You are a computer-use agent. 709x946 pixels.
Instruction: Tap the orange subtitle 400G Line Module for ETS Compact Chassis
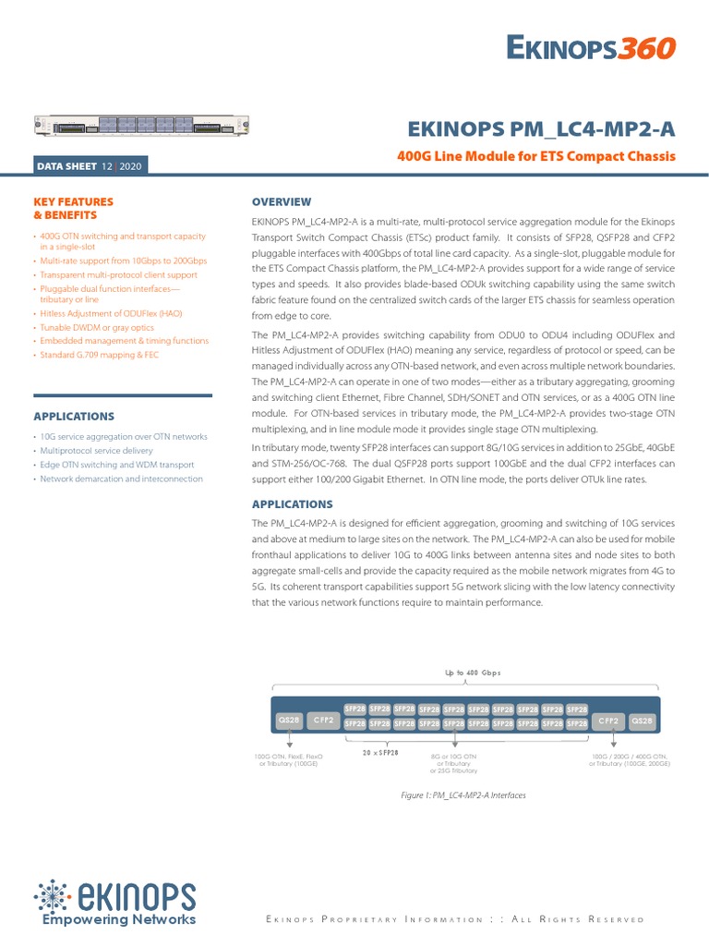(535, 156)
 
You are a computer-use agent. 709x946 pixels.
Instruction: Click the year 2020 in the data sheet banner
(131, 166)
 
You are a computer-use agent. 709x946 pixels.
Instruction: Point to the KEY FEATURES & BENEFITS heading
(74, 208)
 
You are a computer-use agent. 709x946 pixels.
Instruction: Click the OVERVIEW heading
(282, 201)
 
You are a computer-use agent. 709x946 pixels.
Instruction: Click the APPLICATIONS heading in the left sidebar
(74, 417)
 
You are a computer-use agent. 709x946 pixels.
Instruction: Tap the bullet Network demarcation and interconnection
(121, 479)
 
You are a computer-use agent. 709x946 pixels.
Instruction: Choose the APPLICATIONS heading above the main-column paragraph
(293, 504)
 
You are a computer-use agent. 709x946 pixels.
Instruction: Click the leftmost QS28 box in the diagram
(289, 720)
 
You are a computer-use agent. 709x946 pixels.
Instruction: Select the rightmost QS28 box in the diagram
(642, 720)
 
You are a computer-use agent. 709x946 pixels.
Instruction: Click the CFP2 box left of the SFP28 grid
(323, 720)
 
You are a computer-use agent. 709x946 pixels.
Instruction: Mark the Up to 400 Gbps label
(466, 673)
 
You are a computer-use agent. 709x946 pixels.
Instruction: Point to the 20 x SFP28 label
(379, 753)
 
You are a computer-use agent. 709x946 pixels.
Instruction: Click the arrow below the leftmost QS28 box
(289, 740)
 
